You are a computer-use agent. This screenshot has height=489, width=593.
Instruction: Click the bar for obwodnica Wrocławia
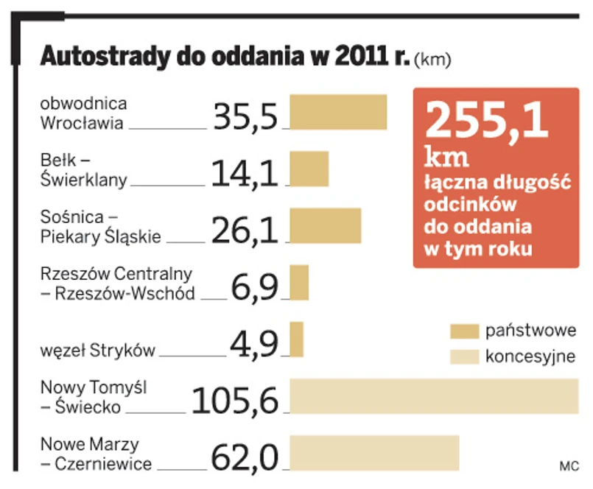[338, 112]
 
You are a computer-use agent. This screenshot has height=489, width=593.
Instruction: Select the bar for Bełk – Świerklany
[309, 169]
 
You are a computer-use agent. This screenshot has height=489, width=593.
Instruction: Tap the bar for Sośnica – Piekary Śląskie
[325, 225]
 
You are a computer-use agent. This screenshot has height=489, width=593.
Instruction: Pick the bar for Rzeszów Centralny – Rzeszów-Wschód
[299, 282]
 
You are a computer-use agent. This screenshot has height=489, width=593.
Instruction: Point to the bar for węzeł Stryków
[297, 340]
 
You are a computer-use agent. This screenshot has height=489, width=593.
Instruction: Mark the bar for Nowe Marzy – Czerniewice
[374, 452]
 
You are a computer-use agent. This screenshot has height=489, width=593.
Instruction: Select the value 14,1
[245, 172]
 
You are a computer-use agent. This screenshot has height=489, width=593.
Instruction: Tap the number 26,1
[245, 229]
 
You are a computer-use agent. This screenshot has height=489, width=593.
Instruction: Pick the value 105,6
[236, 400]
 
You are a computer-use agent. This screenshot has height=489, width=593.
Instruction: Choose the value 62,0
[245, 457]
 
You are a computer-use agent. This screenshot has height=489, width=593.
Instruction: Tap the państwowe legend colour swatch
[464, 331]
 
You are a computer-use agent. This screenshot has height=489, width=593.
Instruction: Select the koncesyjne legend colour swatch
[464, 357]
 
